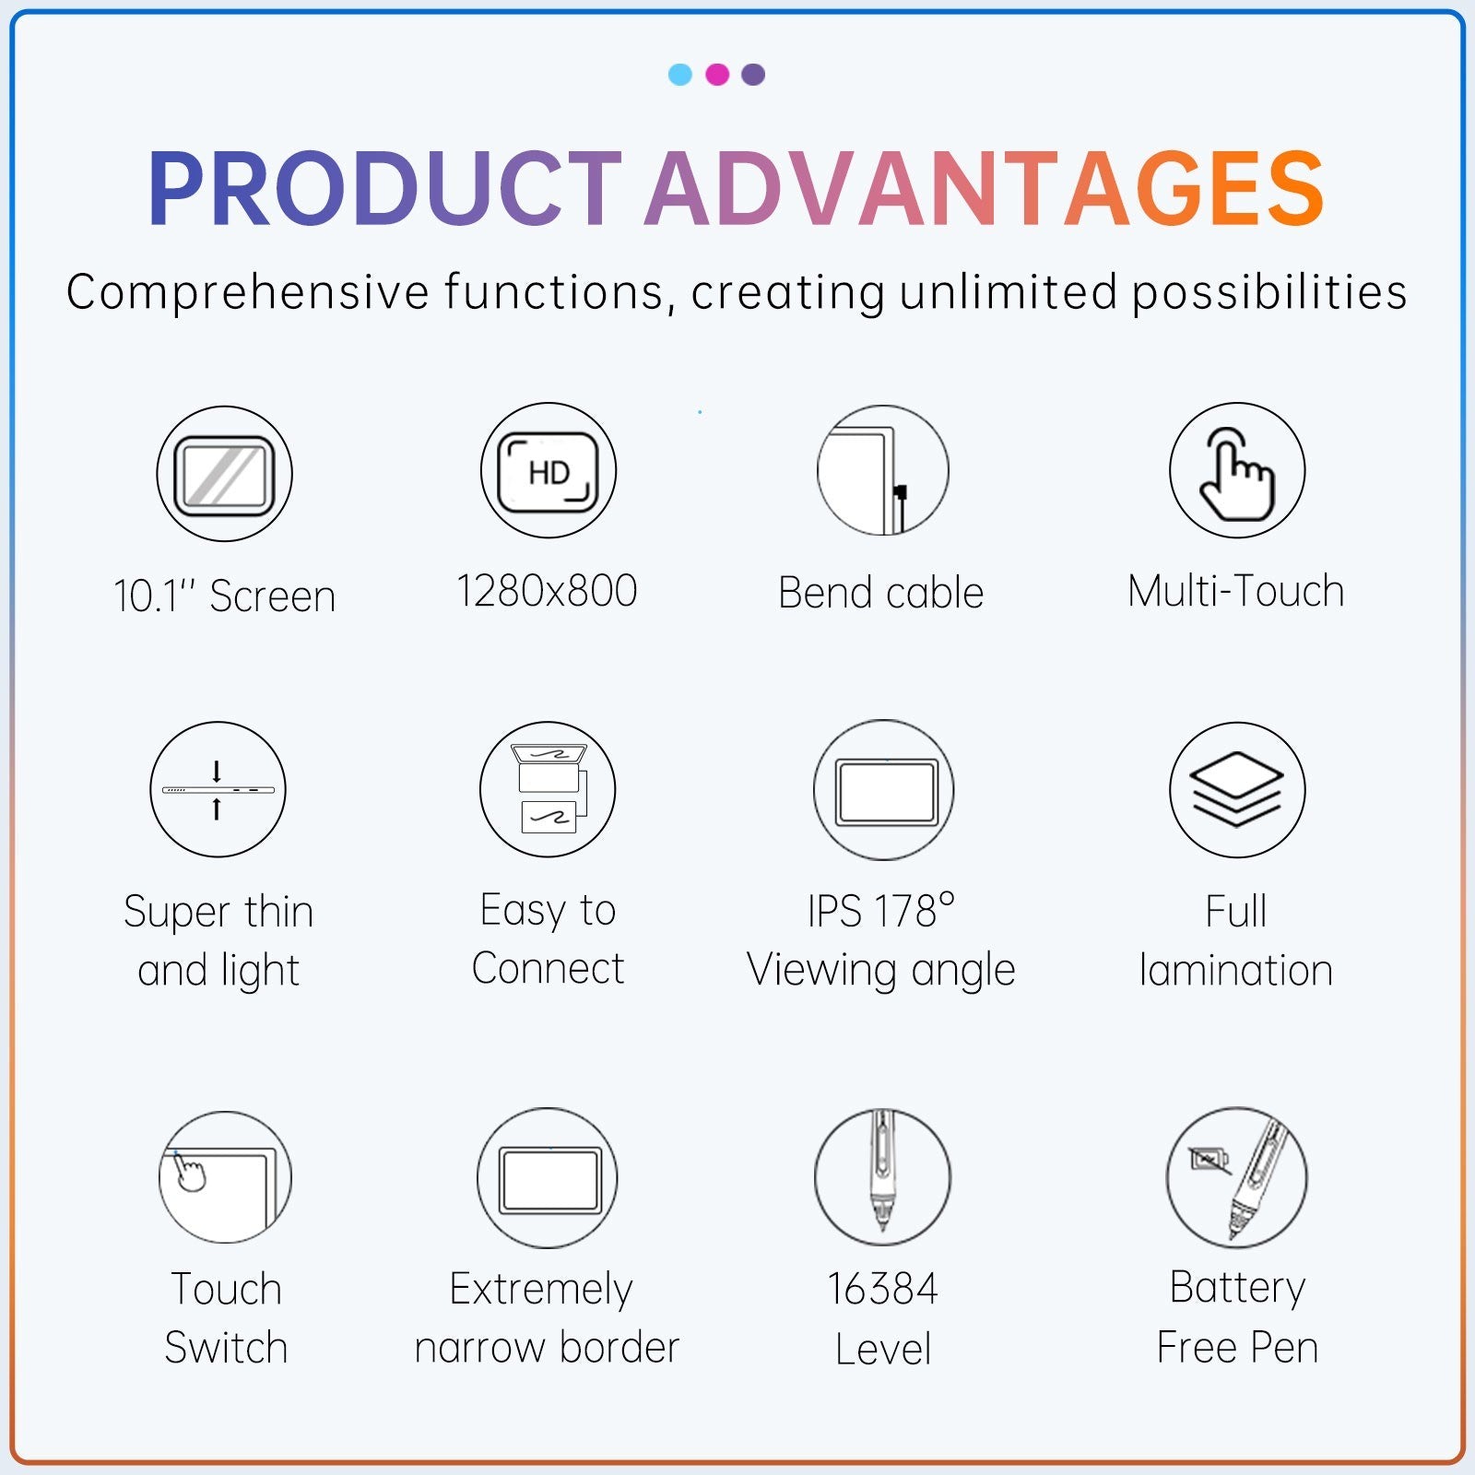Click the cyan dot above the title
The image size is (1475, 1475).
(680, 75)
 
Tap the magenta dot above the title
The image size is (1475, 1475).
(717, 75)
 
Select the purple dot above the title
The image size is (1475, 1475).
(753, 75)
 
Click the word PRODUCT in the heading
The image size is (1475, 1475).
(385, 189)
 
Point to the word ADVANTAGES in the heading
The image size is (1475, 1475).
(985, 189)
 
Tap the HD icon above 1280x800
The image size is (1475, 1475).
(549, 471)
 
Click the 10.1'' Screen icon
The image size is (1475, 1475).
(224, 474)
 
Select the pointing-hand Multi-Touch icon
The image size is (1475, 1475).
(1237, 470)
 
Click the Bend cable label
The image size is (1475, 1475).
(881, 593)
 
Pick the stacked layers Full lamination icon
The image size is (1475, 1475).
(1237, 790)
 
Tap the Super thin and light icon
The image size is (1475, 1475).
(218, 789)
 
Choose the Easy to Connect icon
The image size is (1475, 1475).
(548, 789)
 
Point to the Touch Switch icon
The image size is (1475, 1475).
(225, 1177)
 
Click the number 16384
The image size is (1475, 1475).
(882, 1289)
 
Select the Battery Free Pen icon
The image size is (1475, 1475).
(1237, 1177)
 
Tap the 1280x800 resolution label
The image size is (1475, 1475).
(547, 591)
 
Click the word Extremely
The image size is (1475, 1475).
(541, 1290)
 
